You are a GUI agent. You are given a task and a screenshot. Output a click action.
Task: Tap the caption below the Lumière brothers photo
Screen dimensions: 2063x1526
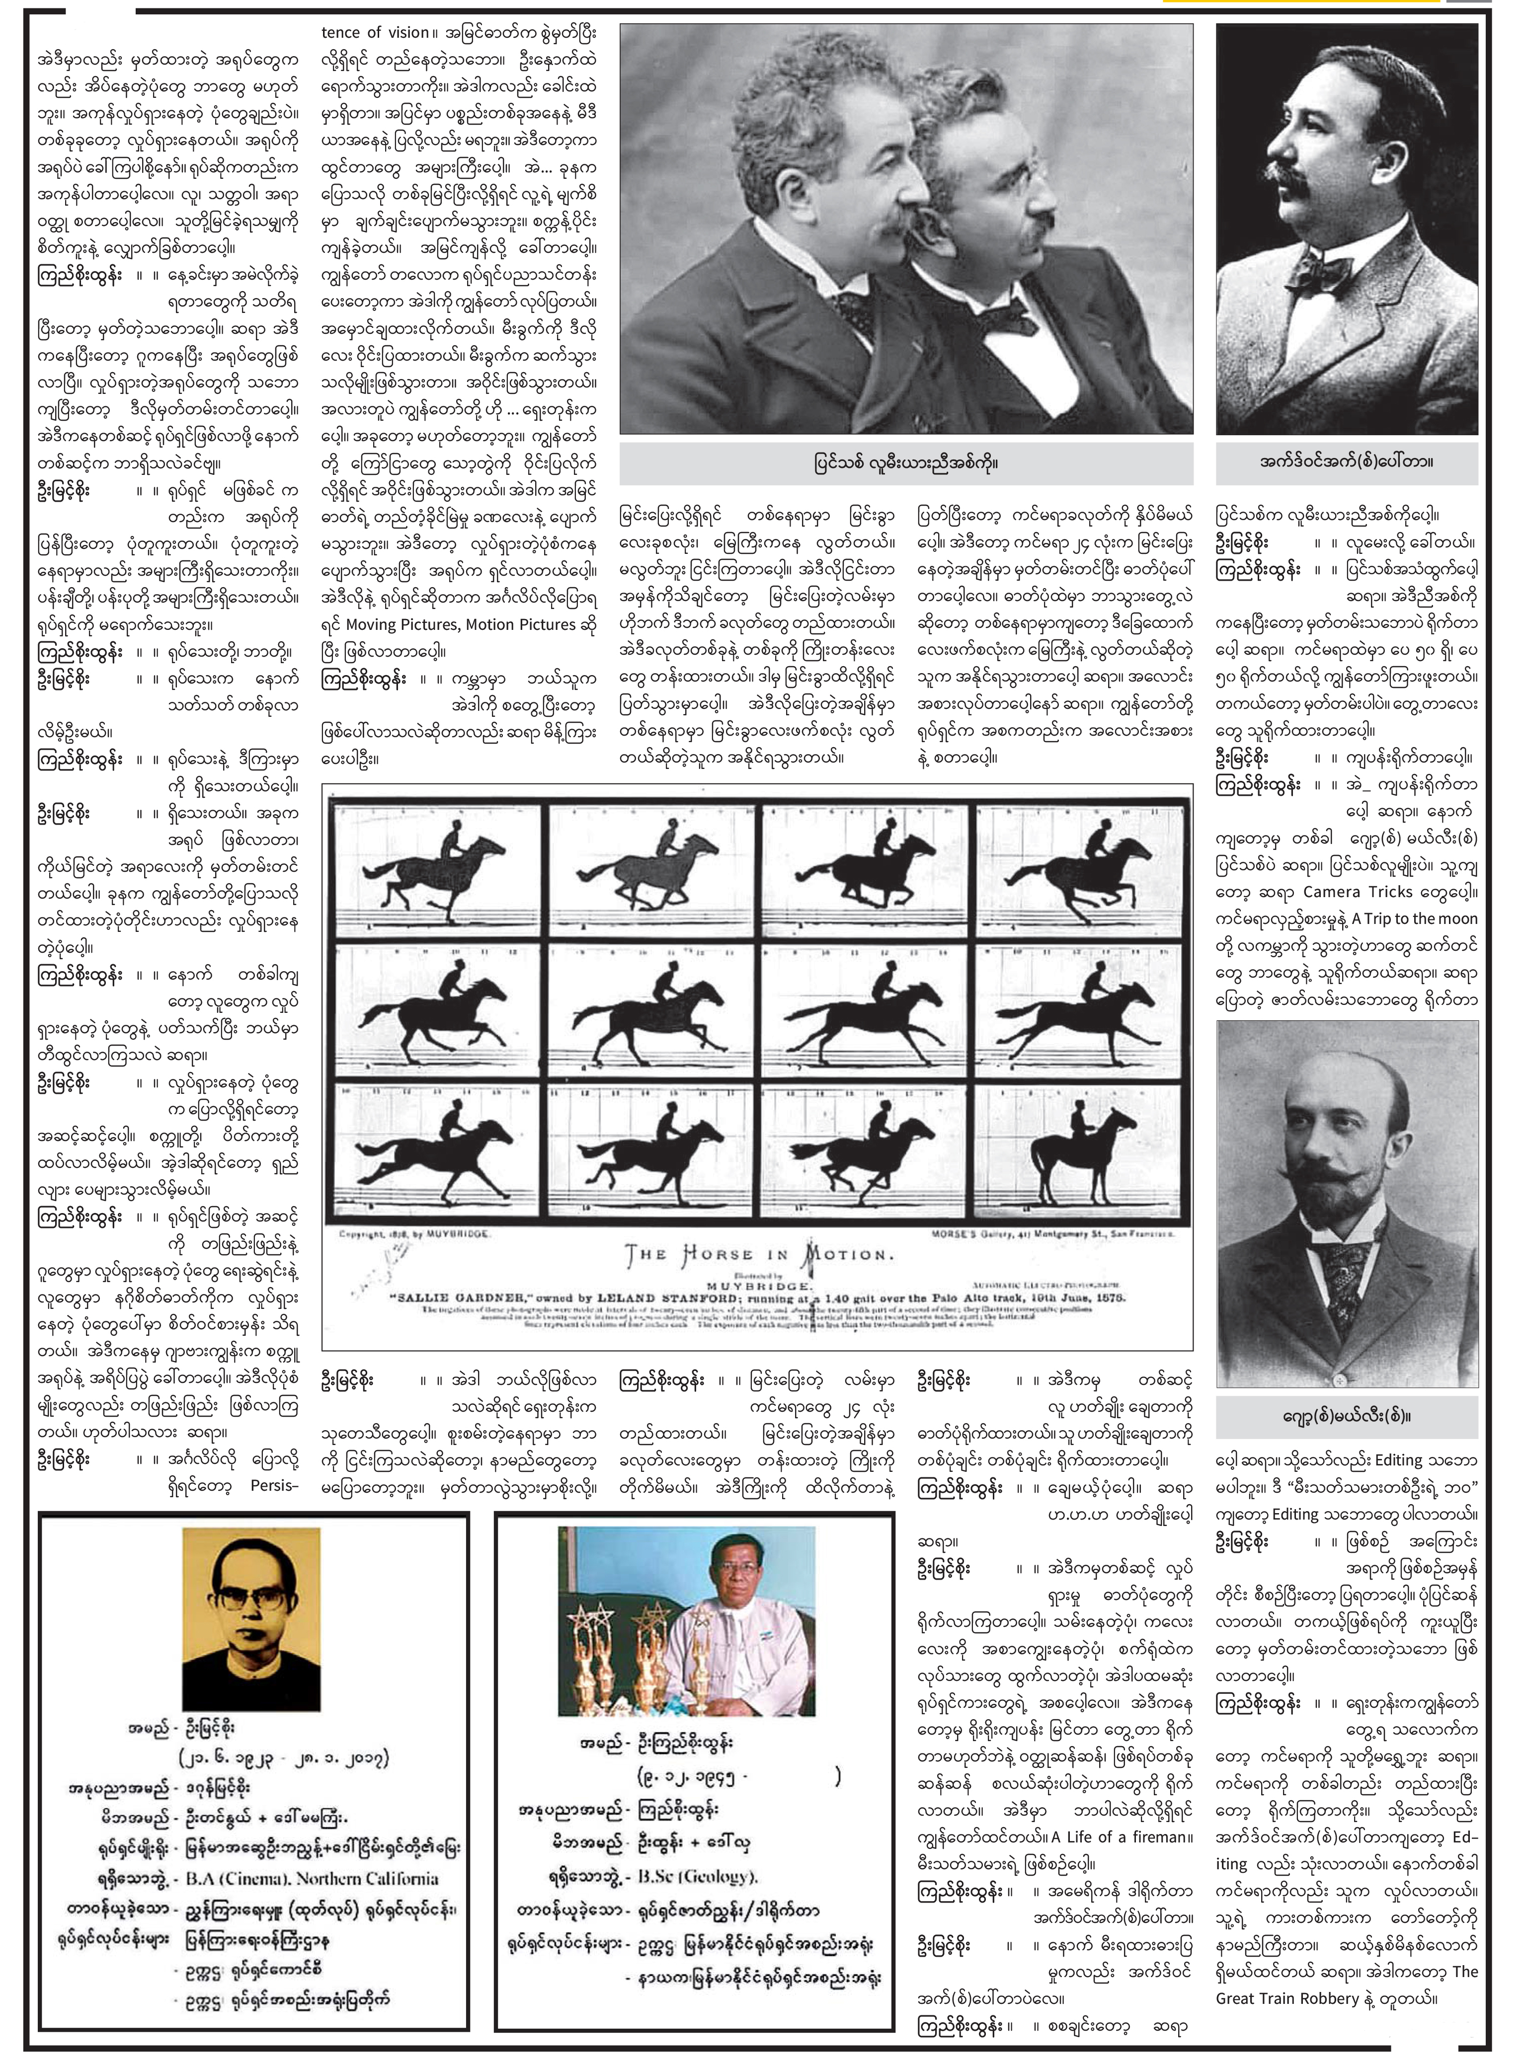pyautogui.click(x=905, y=461)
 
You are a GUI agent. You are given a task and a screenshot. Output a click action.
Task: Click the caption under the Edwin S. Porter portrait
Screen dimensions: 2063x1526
pyautogui.click(x=1346, y=461)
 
